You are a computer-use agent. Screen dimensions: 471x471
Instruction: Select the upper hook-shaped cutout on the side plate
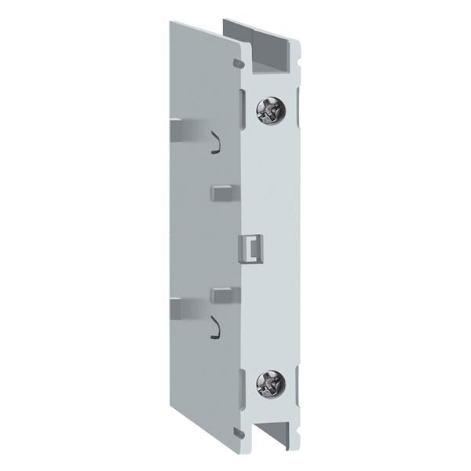[x=213, y=141]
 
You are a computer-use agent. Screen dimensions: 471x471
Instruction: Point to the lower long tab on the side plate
[x=186, y=304]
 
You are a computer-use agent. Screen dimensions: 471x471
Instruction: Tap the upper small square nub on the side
[x=220, y=191]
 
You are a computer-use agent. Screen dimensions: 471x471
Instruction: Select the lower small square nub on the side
[x=221, y=294]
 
